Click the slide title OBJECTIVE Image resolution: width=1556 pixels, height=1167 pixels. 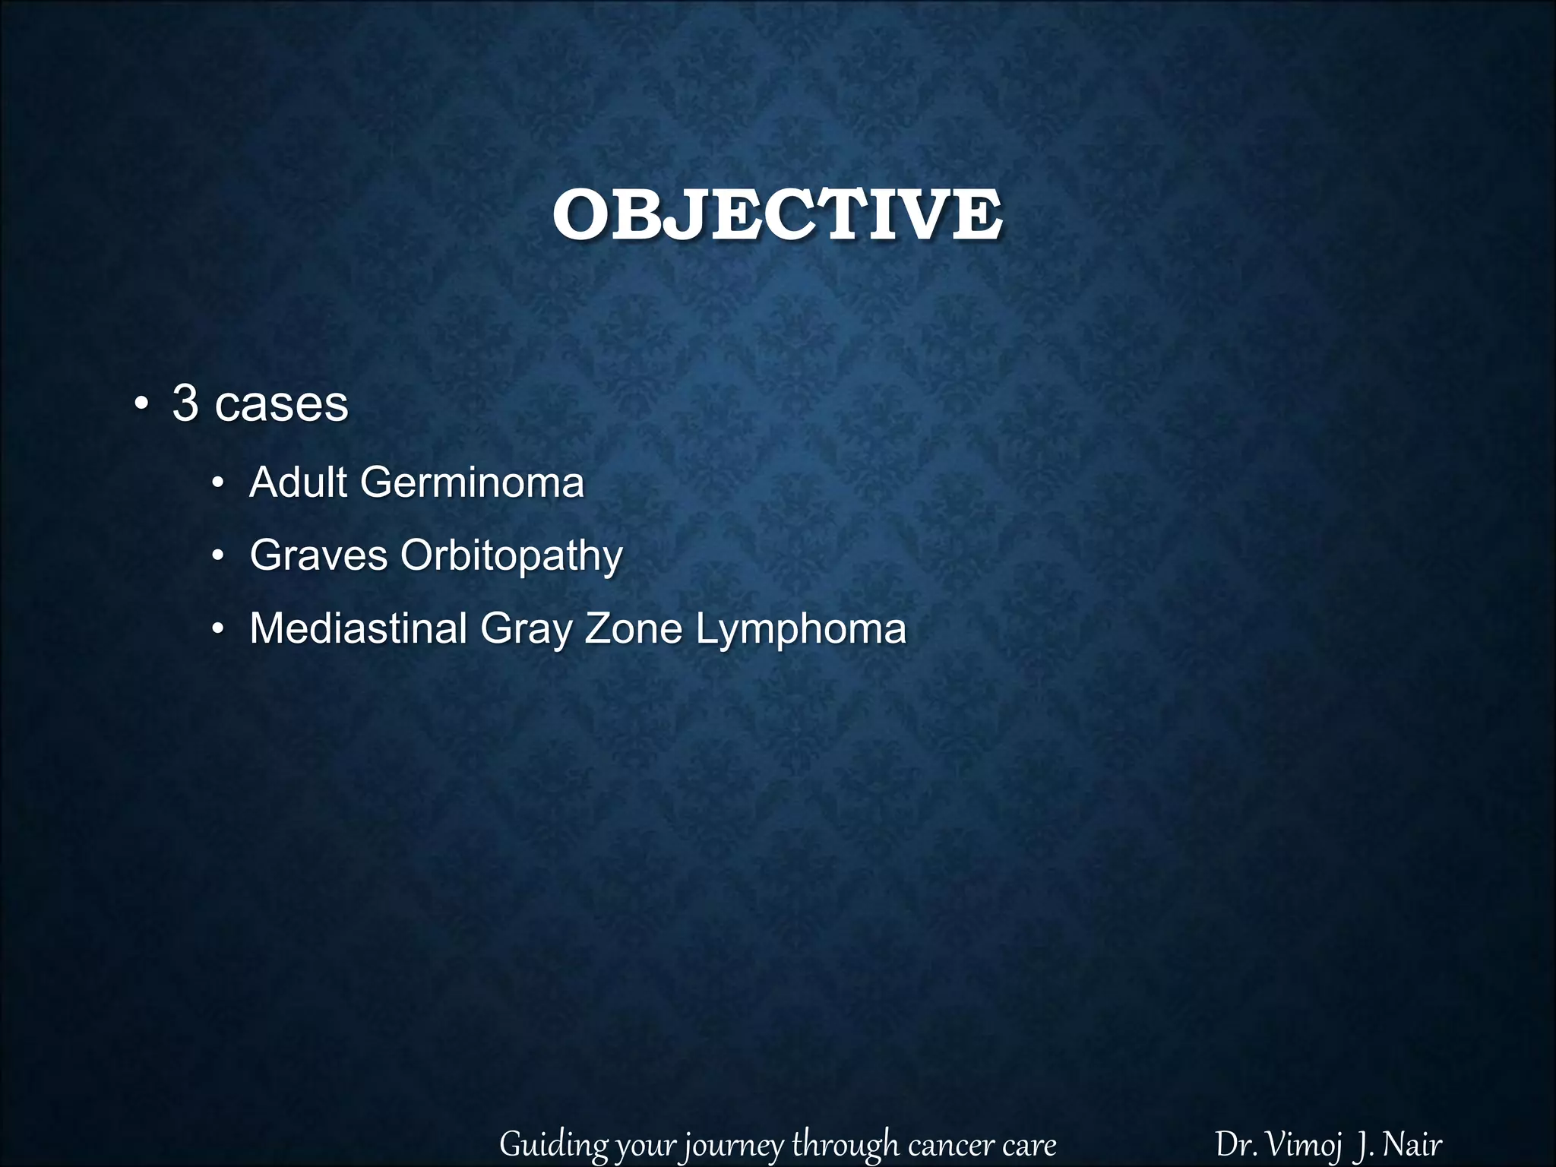pos(776,216)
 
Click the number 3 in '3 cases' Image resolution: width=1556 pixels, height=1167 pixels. pos(185,403)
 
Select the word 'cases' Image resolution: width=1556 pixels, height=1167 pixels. pos(281,405)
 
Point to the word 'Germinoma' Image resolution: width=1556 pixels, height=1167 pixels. pos(472,483)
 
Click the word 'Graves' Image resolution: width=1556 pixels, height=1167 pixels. pos(318,555)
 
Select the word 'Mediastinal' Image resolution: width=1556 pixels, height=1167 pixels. pos(358,629)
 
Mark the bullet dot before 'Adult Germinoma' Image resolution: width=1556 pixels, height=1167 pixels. pos(218,485)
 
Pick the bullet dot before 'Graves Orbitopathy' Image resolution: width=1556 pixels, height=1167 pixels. pos(218,558)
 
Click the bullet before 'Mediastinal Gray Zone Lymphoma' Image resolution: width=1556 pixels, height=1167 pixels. pos(218,631)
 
